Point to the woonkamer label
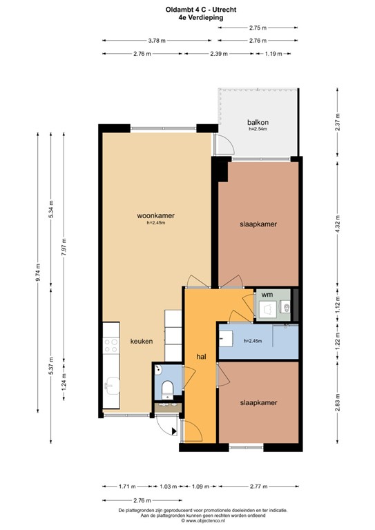pos(155,215)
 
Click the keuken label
pos(141,342)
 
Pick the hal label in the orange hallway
pos(202,357)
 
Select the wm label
pos(267,295)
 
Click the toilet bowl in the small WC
pos(166,390)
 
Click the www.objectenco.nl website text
pos(189,521)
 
